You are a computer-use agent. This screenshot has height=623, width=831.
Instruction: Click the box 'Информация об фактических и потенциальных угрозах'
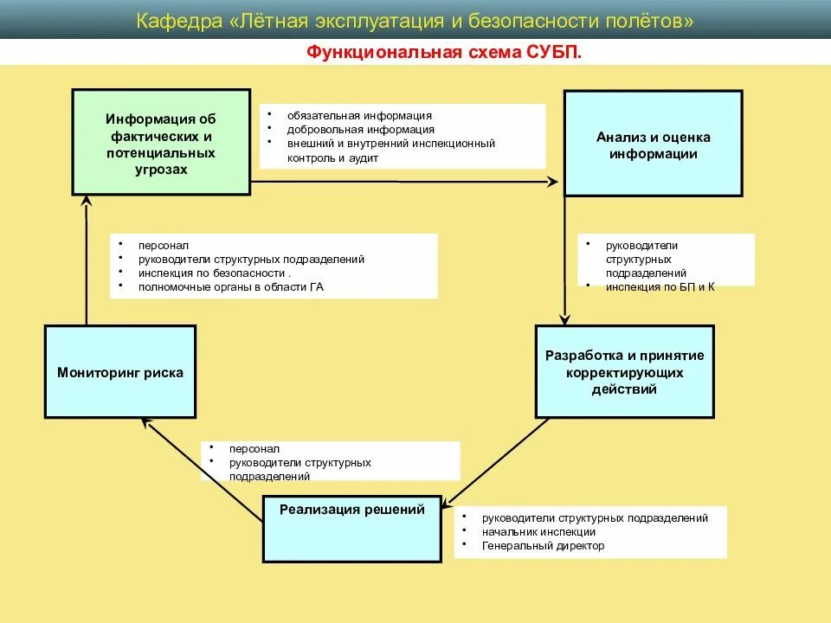161,142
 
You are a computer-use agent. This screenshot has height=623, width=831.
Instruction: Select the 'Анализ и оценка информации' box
653,144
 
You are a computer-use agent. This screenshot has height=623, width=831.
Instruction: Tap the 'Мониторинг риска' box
120,372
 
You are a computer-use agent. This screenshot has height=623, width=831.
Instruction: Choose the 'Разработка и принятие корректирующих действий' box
624,372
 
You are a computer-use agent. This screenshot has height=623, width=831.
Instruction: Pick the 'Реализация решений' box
351,527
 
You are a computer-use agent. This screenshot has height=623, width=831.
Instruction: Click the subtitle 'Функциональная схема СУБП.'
444,52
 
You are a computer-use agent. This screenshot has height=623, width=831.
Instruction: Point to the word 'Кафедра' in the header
179,20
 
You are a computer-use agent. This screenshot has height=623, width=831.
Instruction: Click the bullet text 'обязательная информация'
361,115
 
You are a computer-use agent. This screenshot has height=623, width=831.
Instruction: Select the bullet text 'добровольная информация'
362,130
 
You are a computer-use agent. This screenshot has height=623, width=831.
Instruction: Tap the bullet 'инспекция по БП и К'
660,286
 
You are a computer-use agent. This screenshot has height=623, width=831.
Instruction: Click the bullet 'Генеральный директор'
544,546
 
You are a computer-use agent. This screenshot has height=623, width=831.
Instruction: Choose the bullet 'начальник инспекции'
539,532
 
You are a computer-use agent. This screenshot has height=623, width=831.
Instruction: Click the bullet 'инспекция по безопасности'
213,273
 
